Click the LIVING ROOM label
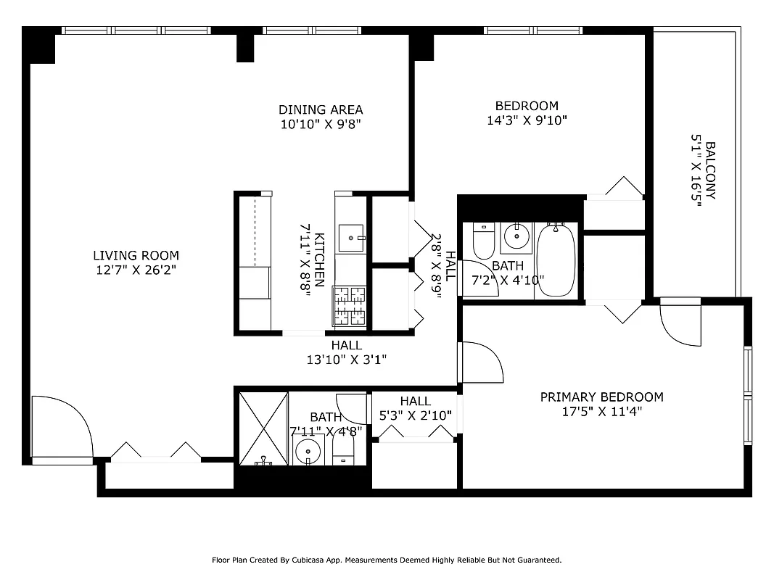(136, 255)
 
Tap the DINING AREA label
(321, 109)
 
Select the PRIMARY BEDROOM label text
(601, 397)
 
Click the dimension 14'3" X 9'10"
(527, 120)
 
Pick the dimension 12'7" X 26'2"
(136, 269)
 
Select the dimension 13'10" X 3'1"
(347, 359)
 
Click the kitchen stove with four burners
(349, 305)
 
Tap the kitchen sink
(353, 236)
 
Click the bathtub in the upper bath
(556, 260)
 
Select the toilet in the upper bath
(483, 241)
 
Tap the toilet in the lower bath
(343, 448)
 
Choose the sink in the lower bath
(310, 451)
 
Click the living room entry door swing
(62, 429)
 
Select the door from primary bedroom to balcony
(680, 323)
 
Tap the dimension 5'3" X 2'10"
(415, 415)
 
